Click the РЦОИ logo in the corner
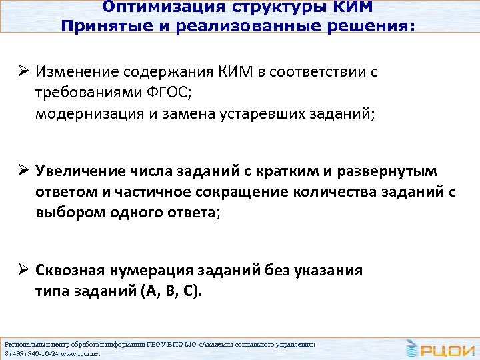pos(440,347)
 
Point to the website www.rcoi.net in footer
pos(79,353)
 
